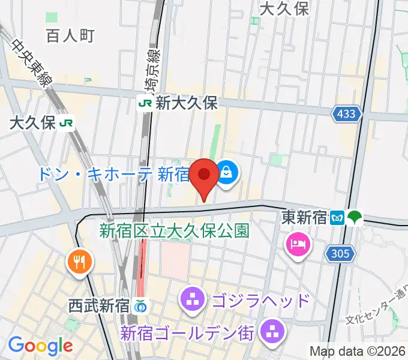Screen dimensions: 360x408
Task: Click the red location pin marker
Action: click(204, 176)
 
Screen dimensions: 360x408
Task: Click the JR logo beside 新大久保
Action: click(145, 103)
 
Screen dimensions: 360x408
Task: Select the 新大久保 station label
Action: click(186, 103)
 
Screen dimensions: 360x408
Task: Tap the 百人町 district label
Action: click(70, 36)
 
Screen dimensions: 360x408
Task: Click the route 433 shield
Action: click(346, 113)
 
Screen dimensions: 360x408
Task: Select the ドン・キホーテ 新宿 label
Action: click(113, 175)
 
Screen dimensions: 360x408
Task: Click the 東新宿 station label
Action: click(304, 217)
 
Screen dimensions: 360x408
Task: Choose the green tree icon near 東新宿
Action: click(355, 217)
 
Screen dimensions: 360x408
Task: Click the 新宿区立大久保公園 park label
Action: click(174, 230)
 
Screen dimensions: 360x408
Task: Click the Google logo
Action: click(40, 346)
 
